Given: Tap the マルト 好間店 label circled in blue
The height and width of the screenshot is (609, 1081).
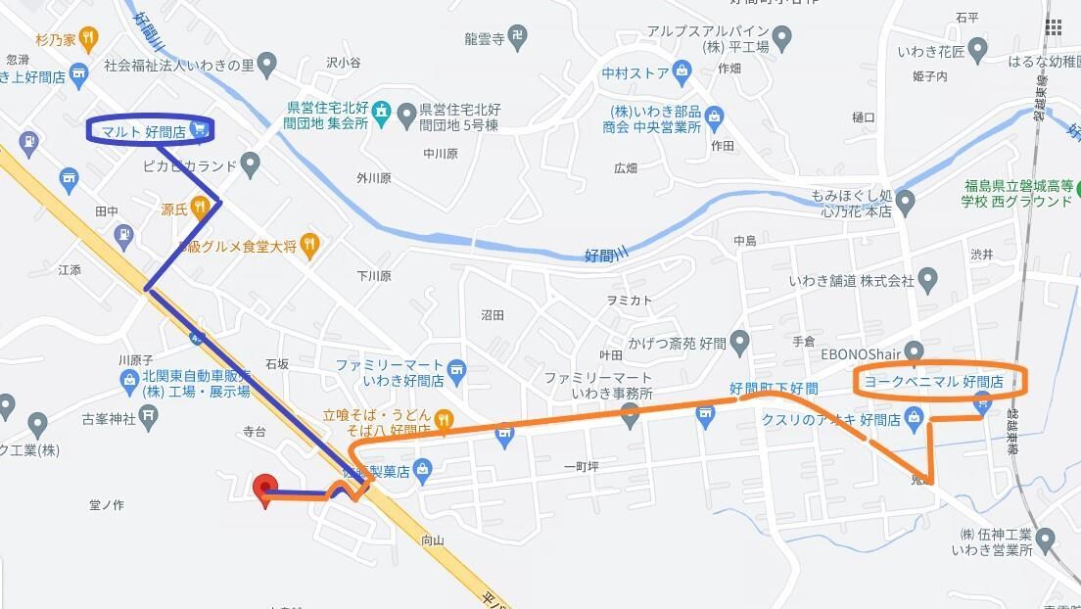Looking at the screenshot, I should click(145, 129).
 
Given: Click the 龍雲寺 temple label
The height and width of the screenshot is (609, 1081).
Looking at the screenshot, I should click(484, 40).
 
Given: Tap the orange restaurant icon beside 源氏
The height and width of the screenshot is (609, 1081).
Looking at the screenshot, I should click(200, 207).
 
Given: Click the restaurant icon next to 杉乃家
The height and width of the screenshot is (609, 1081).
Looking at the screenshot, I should click(88, 40).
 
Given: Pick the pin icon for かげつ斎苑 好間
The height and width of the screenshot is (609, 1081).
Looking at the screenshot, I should click(739, 342).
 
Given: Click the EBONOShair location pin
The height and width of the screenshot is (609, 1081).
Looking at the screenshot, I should click(914, 351).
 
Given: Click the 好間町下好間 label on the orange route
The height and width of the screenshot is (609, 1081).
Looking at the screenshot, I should click(774, 389).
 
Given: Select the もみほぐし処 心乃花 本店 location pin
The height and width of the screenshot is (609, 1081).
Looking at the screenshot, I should click(906, 203).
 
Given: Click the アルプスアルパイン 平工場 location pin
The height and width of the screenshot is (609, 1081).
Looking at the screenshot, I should click(781, 39).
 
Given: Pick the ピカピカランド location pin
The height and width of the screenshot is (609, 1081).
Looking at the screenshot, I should click(252, 164).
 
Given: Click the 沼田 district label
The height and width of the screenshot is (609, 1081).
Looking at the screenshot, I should click(493, 315).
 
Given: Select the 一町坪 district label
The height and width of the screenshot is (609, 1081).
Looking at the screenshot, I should click(581, 467).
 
